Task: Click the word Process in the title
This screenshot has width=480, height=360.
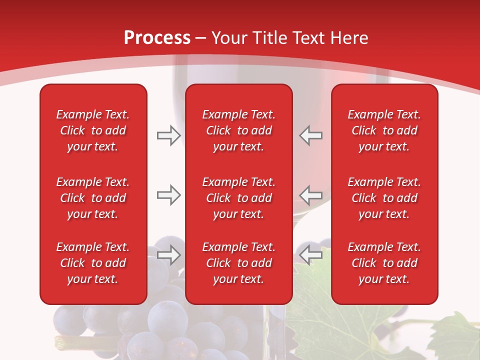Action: pos(157,38)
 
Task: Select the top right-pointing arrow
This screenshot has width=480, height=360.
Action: pos(168,135)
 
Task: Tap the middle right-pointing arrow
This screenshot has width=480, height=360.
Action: pos(168,195)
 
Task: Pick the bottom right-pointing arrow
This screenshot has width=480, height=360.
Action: pos(168,255)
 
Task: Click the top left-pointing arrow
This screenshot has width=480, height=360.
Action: pos(310,135)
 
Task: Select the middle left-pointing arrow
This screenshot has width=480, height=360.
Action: pos(310,195)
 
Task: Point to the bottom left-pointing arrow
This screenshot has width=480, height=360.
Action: pos(310,255)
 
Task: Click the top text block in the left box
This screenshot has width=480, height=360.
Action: pos(93,130)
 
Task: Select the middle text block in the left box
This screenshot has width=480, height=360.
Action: pos(93,198)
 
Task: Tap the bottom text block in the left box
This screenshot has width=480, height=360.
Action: pos(93,263)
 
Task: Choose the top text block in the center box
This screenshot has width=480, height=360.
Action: pos(238,130)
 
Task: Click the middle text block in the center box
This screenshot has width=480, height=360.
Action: pos(238,198)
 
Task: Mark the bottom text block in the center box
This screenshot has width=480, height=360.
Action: pos(238,263)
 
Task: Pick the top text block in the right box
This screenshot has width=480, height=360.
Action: pos(384,130)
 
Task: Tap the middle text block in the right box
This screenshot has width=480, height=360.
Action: pos(384,198)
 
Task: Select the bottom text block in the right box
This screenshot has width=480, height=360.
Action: pos(384,263)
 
